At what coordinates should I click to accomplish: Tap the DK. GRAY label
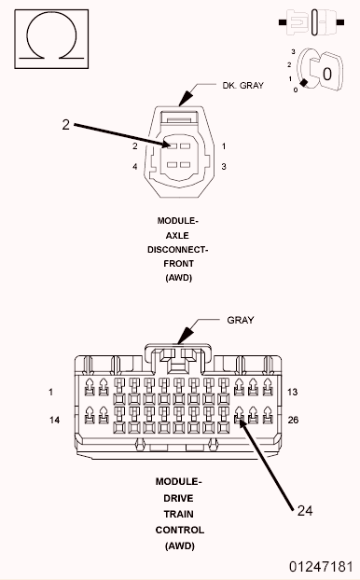click(242, 85)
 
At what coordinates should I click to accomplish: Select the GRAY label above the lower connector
click(241, 319)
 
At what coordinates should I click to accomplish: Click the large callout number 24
click(306, 510)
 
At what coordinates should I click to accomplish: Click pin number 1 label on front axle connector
click(224, 146)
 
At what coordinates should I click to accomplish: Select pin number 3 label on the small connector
click(224, 167)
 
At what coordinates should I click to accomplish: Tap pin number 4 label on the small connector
click(134, 167)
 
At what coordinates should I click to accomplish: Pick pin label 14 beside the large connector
click(55, 421)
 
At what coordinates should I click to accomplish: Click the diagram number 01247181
click(320, 566)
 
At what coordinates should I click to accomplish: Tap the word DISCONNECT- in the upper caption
click(177, 250)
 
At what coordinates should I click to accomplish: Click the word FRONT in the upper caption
click(177, 264)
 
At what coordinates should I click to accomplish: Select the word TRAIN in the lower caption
click(177, 514)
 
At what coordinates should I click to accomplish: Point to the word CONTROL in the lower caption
click(177, 529)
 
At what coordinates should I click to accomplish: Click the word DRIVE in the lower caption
click(177, 499)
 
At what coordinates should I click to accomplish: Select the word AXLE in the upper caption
click(177, 236)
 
